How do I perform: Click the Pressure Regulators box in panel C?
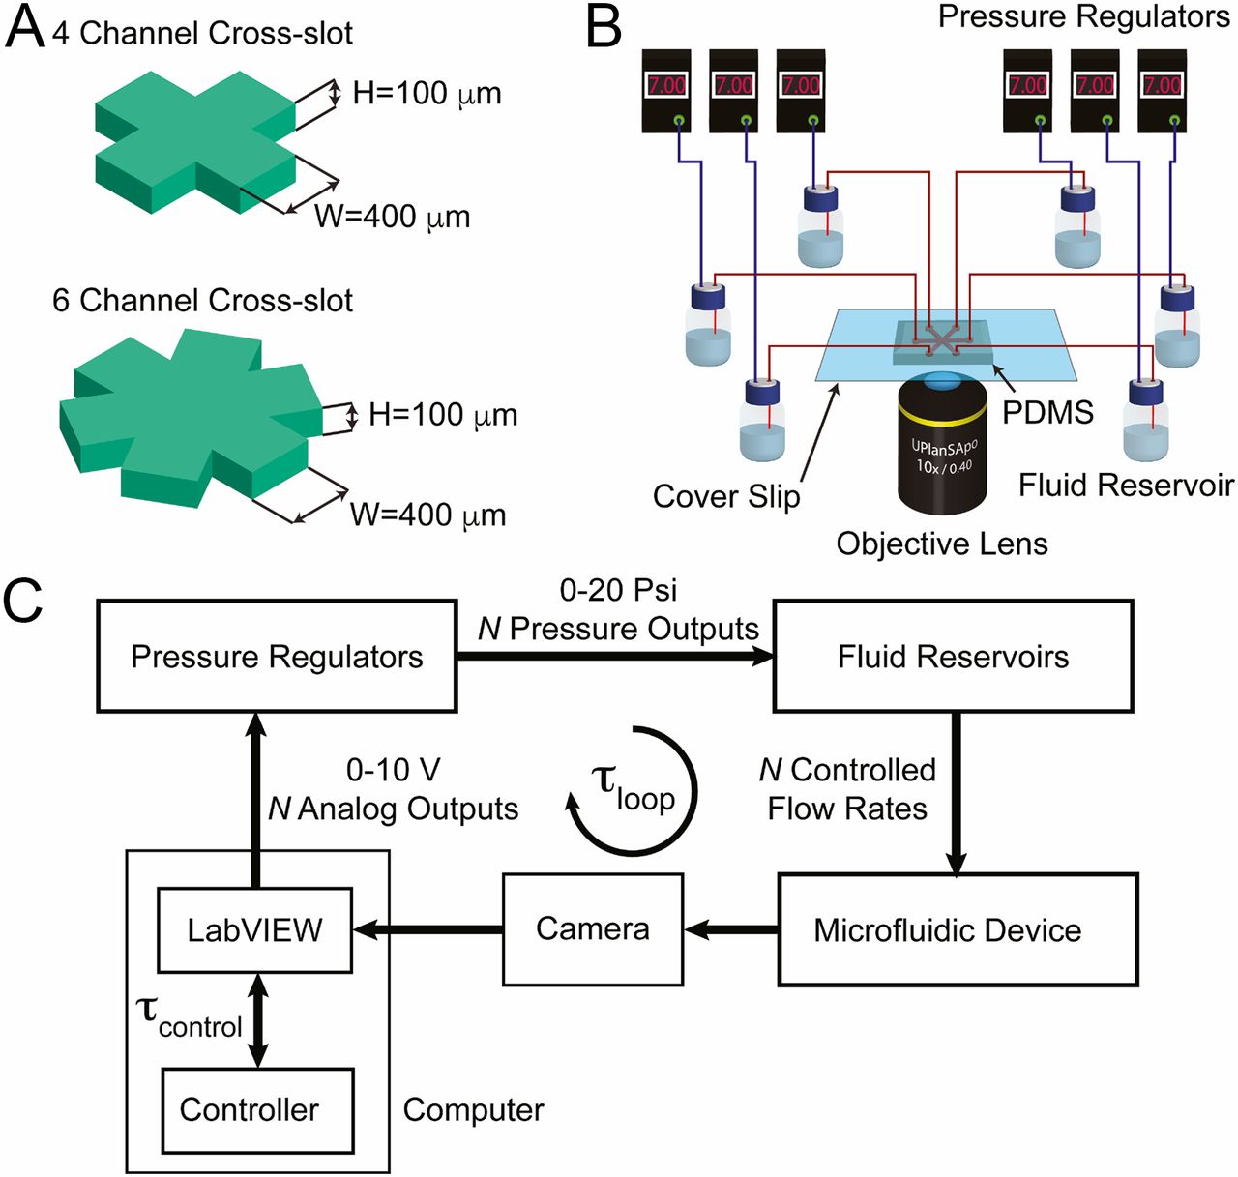[x=277, y=657]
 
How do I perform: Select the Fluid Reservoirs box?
[x=953, y=657]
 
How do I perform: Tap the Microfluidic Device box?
[x=957, y=929]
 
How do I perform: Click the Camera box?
[x=592, y=928]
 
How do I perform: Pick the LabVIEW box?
[x=254, y=929]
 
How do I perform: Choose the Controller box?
[x=257, y=1110]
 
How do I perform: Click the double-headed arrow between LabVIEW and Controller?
[x=257, y=1020]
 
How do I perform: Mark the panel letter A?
[x=25, y=29]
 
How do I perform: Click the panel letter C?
[x=23, y=600]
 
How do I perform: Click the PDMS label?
[x=1047, y=412]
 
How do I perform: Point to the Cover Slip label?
[x=726, y=496]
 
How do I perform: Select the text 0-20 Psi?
[x=619, y=590]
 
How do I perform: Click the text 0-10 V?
[x=393, y=770]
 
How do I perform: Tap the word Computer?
[x=473, y=1110]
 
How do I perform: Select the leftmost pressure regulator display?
[x=666, y=85]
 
